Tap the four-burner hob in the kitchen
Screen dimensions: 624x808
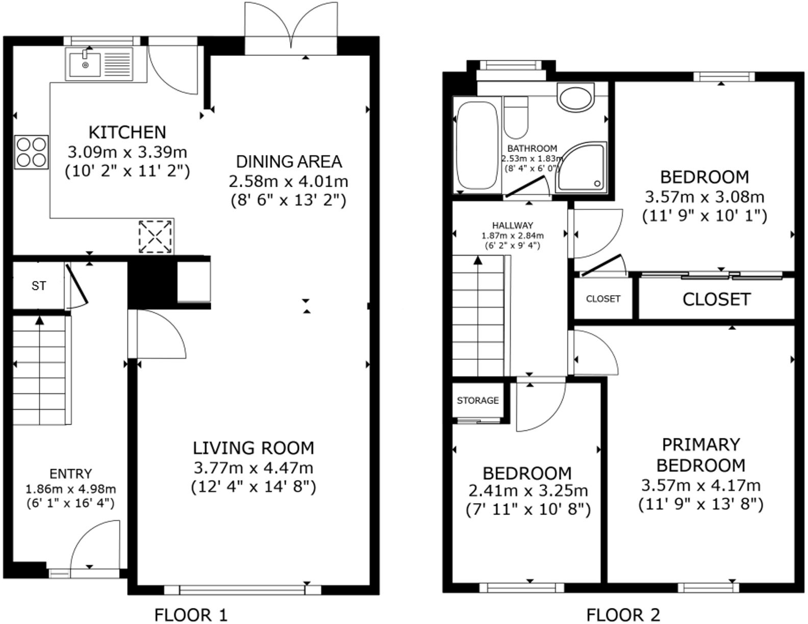pos(32,152)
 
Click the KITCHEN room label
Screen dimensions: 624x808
pos(127,132)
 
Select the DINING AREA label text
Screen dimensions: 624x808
pos(288,162)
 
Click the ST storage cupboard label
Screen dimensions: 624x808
pos(39,286)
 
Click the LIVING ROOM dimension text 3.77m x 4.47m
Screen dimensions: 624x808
pos(254,467)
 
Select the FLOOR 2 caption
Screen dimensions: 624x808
pos(623,614)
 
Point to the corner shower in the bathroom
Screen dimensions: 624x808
pos(582,167)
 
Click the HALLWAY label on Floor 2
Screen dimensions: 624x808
pos(513,225)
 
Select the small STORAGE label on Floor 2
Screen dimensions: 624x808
pos(477,401)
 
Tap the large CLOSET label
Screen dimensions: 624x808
pos(716,299)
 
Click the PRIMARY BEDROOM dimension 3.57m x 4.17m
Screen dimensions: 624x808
pos(700,485)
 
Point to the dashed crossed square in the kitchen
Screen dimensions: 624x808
pos(156,237)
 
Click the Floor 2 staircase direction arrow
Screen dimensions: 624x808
pos(478,261)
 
